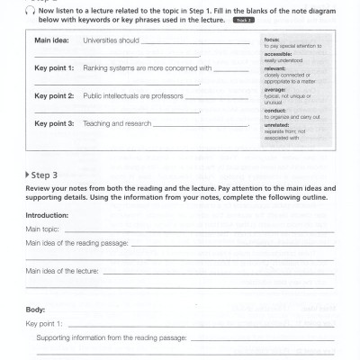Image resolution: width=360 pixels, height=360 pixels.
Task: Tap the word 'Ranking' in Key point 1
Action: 96,67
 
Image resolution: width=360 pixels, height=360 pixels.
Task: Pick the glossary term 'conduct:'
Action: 275,109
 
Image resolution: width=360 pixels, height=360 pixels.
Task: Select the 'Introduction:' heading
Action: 47,216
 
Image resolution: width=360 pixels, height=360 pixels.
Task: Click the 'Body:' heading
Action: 35,309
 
